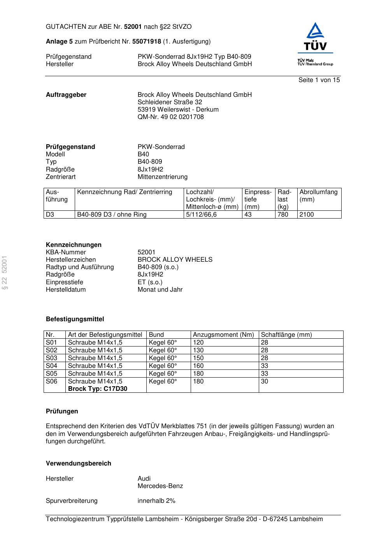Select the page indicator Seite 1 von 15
319,80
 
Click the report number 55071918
147,42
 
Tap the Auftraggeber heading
66,95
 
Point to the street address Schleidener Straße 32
170,102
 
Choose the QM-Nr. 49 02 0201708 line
170,117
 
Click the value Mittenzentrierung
162,177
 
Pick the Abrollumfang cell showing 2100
307,215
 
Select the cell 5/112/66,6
201,215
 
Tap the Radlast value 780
282,215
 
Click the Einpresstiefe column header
258,199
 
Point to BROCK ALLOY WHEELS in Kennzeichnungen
175,260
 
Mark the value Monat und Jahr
160,290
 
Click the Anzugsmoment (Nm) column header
223,335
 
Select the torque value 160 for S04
198,366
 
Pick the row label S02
51,350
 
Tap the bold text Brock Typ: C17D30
97,389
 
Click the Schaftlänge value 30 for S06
265,381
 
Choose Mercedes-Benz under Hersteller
160,486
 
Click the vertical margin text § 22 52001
5,273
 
